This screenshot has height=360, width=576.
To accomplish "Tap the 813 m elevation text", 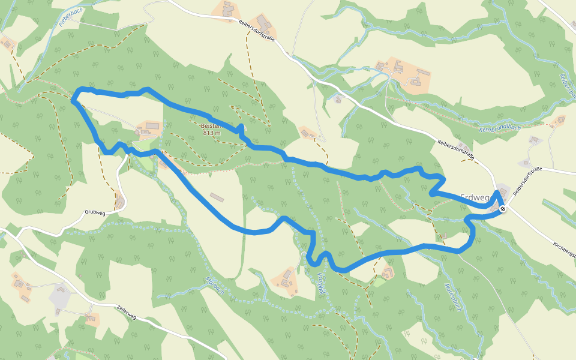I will point(212,133).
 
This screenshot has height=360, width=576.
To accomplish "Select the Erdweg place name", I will point(476,197).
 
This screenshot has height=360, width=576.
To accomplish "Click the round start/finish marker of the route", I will point(502,209).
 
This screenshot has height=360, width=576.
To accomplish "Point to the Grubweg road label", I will point(95,212).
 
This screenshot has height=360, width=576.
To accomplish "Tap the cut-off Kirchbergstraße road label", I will point(564,245).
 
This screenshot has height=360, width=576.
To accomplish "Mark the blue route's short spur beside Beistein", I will point(241,128).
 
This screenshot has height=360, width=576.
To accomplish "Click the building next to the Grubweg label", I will point(121,203).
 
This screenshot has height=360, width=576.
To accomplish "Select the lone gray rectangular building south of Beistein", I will point(216,197).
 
